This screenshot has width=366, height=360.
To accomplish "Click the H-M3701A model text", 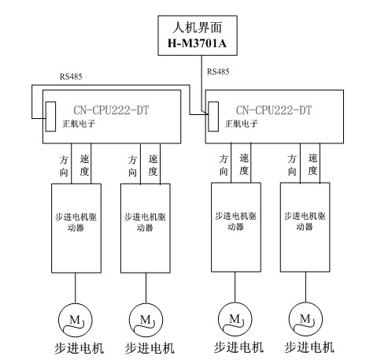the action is [x=197, y=43].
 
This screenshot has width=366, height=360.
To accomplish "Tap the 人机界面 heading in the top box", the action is [x=198, y=28].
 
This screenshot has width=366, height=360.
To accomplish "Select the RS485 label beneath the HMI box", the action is [x=218, y=72].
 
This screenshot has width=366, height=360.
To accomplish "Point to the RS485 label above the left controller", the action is [x=71, y=76].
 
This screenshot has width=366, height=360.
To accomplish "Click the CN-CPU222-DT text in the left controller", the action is [x=111, y=110].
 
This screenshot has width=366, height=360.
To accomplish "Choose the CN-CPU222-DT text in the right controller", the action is [x=274, y=110].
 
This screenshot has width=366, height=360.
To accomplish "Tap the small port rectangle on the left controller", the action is [x=50, y=117].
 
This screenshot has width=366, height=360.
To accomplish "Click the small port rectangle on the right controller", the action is [x=213, y=117].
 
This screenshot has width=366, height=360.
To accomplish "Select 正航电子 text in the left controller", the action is [x=79, y=124].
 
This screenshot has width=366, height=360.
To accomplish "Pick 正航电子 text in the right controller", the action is [x=242, y=124].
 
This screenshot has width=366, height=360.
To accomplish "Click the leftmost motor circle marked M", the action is [x=76, y=321].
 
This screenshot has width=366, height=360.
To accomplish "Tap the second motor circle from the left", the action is [x=146, y=321].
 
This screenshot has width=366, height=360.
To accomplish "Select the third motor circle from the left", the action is [x=235, y=319].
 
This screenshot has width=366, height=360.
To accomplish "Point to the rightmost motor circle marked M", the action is [x=305, y=319].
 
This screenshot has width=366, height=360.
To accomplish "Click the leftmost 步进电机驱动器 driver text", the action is [x=76, y=222].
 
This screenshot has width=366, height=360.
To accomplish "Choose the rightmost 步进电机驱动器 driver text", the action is [x=305, y=221].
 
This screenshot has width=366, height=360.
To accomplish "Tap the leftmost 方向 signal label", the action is [x=64, y=166].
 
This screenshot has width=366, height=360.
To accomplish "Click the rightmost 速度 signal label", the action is [x=312, y=165].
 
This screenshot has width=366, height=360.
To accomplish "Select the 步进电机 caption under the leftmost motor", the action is [x=79, y=349].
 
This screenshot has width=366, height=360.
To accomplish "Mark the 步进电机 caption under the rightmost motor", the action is [x=309, y=347].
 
